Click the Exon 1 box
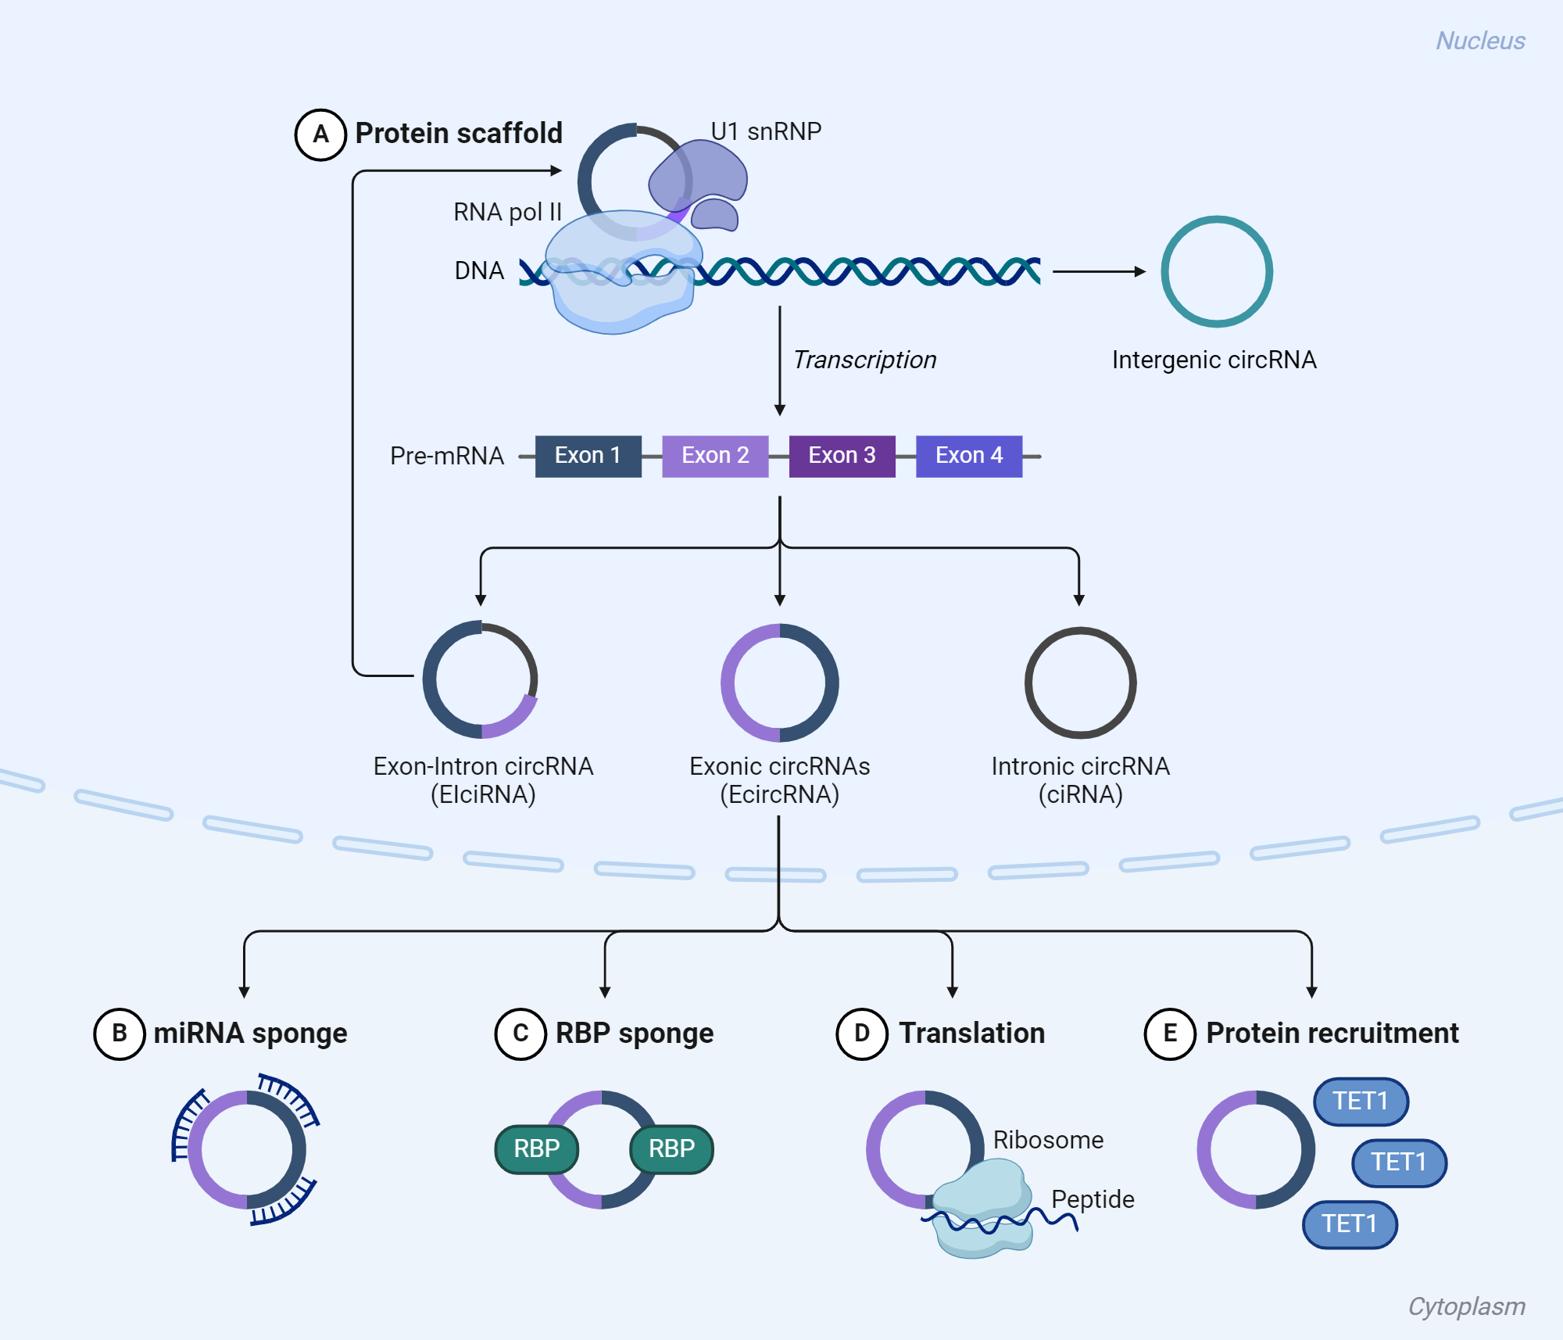coord(588,456)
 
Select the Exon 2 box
coord(715,456)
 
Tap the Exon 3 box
coord(842,456)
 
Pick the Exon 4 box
coord(968,456)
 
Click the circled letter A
coord(320,134)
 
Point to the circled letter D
coord(862,1034)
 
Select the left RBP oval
coord(537,1148)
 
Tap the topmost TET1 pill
coord(1361,1101)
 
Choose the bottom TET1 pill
coord(1350,1224)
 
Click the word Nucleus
coord(1480,41)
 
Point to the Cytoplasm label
coord(1466,1306)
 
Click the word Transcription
coord(864,360)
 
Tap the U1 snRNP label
coord(766,131)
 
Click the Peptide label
coord(1093,1198)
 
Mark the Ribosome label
coord(1048,1140)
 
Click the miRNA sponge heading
coord(250,1034)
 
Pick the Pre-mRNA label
coord(446,456)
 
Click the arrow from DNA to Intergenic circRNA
coord(1098,271)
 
